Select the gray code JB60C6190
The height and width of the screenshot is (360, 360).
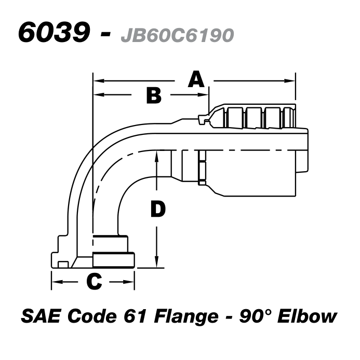pos(177,35)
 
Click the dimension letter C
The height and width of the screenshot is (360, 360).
pos(93,281)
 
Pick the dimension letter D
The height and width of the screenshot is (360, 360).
pos(157,209)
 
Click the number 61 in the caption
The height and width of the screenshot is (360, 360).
pos(131,316)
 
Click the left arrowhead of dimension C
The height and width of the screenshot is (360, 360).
pos(55,282)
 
